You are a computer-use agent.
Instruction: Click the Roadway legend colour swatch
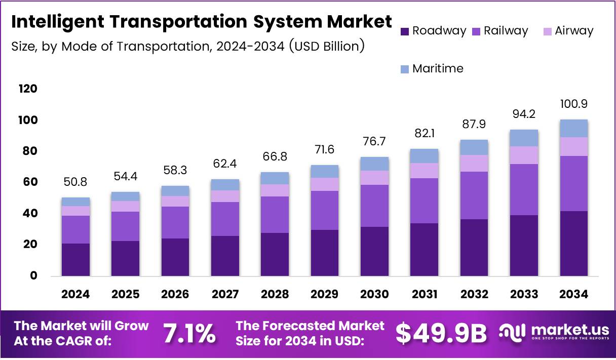point(404,31)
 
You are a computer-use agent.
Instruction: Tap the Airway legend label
point(573,31)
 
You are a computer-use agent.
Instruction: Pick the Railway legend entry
point(506,31)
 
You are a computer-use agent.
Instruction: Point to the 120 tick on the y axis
point(28,89)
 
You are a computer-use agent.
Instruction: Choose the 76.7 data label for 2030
point(374,142)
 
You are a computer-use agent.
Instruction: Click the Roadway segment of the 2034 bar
point(573,243)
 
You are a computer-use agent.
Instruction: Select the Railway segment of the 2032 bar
point(474,195)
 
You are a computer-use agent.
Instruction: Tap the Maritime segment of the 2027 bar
point(225,185)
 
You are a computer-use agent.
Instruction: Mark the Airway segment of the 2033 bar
point(524,155)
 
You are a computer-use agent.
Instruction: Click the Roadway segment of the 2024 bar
point(75,259)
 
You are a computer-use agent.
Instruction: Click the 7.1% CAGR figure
point(189,334)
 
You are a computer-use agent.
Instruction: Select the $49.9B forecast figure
point(441,334)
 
